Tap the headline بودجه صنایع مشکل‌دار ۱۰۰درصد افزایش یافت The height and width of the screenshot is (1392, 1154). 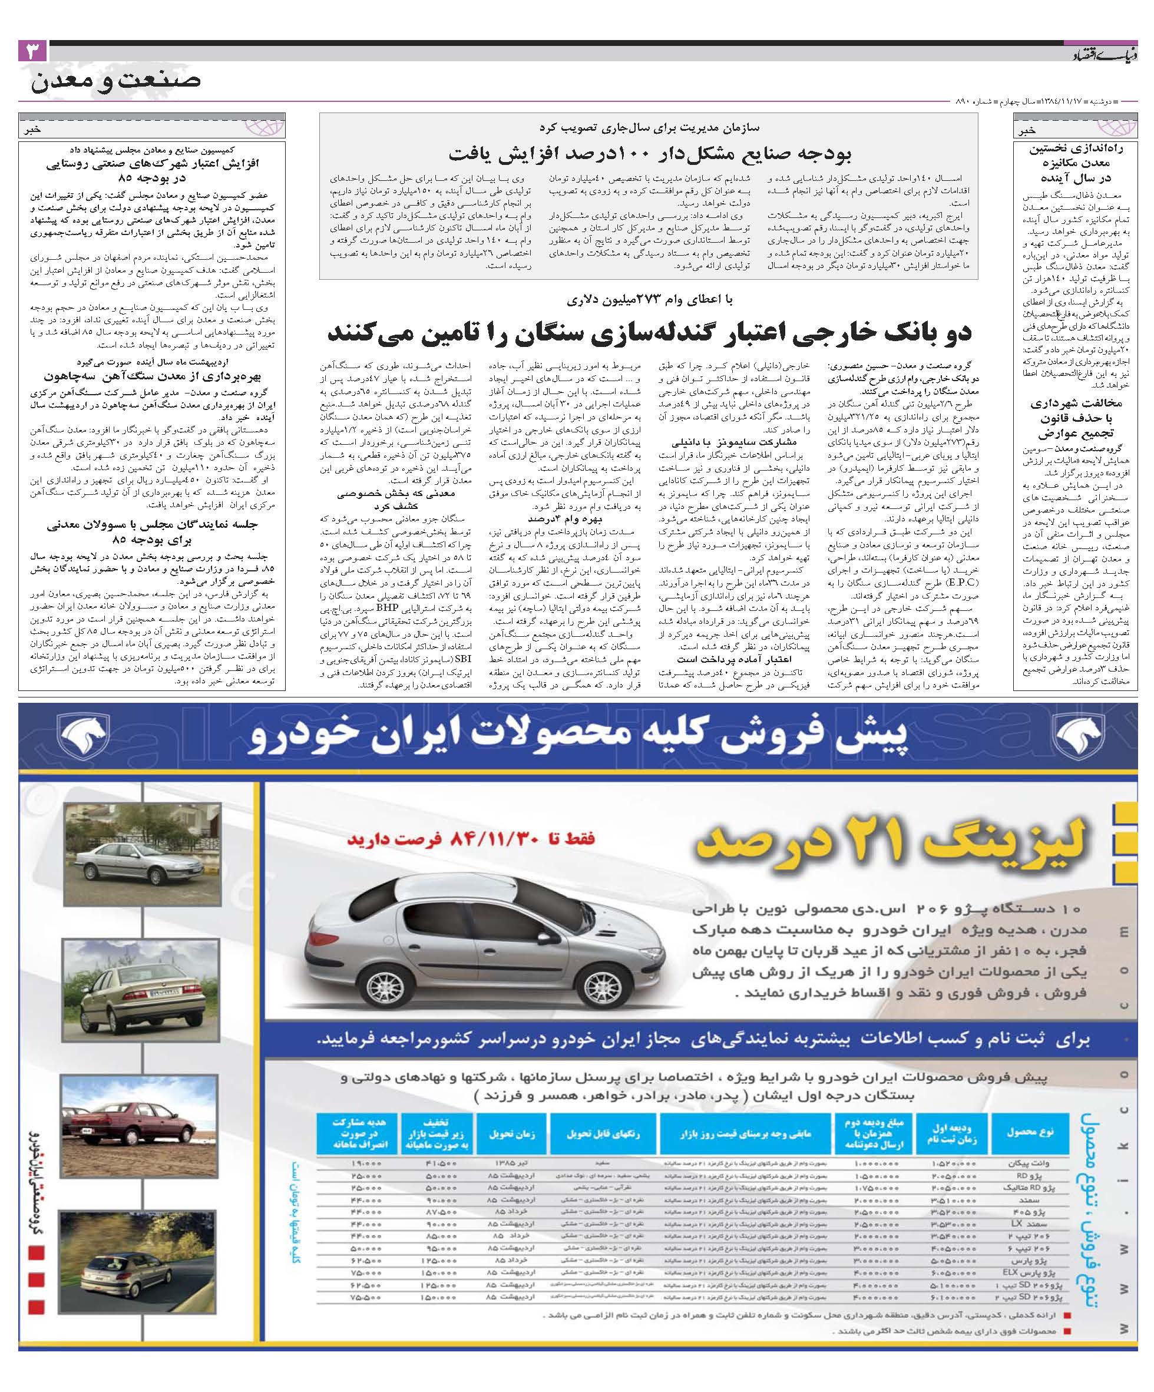click(649, 154)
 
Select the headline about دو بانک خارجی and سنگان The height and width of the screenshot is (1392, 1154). click(649, 333)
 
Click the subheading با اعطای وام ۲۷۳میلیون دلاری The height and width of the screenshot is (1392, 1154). click(649, 300)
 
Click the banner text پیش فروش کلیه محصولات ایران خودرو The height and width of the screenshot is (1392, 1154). click(576, 736)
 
